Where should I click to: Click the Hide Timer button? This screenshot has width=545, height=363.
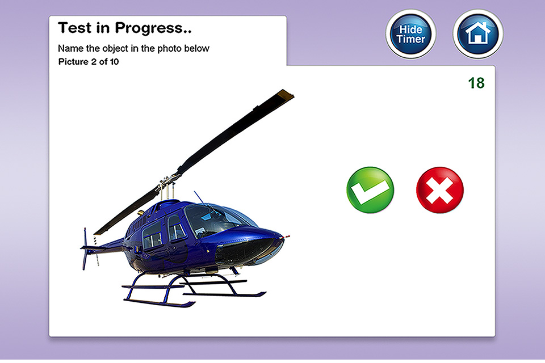411,34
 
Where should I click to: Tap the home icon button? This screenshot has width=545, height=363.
478,34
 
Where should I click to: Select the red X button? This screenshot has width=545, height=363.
439,189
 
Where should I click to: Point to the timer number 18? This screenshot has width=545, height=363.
476,83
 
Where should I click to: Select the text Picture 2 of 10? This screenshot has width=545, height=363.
89,62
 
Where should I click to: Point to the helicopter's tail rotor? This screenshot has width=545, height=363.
85,248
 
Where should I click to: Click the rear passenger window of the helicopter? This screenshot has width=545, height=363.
152,235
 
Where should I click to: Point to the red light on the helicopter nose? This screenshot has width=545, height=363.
287,237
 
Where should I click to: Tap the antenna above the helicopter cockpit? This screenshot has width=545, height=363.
200,197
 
